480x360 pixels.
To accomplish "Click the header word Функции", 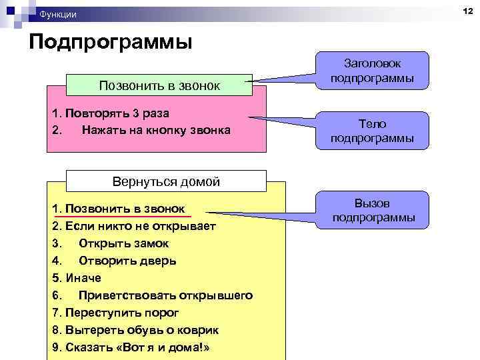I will tap(58, 14).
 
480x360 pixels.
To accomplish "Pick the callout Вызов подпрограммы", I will tap(373, 210).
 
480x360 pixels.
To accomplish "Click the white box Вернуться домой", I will tap(166, 181).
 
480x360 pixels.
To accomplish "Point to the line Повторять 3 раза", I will tap(107, 113).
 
